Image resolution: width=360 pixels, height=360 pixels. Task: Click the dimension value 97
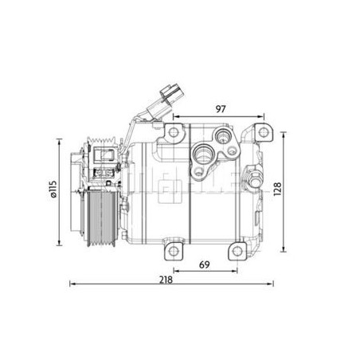click(x=221, y=109)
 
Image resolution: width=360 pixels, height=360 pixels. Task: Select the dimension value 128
click(x=277, y=189)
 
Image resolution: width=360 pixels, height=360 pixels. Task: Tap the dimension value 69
click(x=205, y=264)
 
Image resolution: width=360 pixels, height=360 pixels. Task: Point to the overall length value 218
click(x=166, y=280)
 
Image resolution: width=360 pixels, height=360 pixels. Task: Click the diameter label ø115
click(x=53, y=189)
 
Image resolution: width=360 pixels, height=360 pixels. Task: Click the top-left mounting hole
click(x=174, y=132)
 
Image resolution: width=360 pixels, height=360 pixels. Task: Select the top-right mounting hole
click(x=264, y=132)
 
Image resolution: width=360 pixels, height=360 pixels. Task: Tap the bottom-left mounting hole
click(x=174, y=250)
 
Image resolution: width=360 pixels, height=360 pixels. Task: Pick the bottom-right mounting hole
click(x=237, y=251)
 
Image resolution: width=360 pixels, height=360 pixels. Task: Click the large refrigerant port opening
click(x=203, y=154)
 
